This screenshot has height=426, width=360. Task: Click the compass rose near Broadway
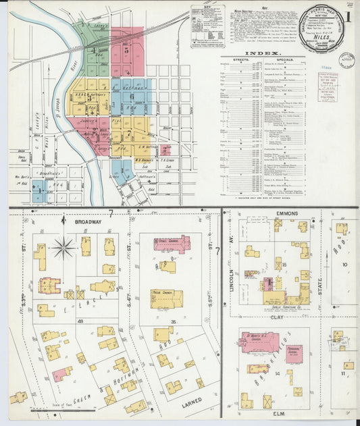click(x=64, y=248)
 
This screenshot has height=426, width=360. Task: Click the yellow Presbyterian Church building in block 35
click(x=166, y=298)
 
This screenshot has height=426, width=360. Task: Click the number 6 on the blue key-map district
click(x=132, y=96)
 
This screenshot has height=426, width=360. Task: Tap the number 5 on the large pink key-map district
click(x=127, y=50)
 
